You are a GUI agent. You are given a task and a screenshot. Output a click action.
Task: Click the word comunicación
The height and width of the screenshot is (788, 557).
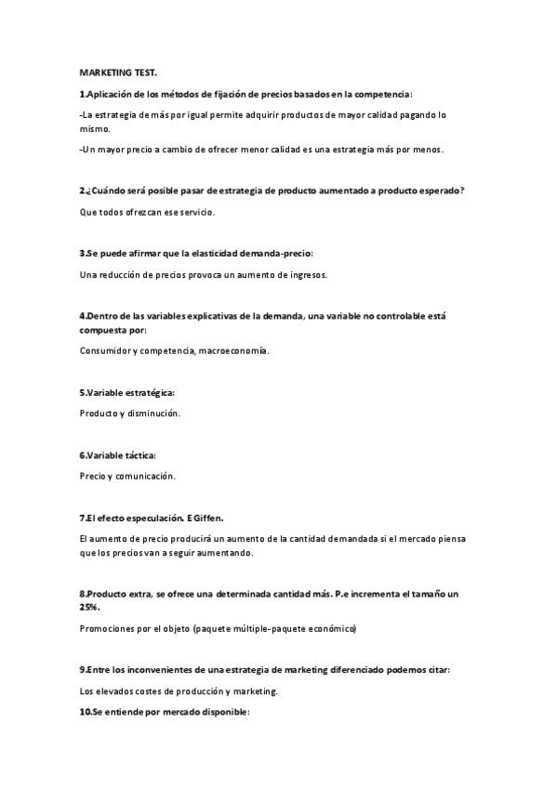[148, 476]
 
